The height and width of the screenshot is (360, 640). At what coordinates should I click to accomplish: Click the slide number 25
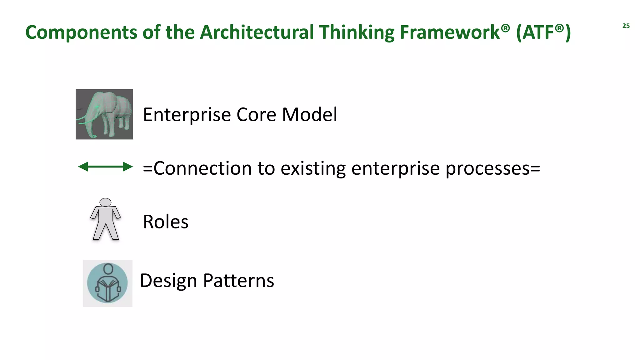(626, 26)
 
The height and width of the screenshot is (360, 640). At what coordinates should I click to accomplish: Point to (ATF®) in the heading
(543, 32)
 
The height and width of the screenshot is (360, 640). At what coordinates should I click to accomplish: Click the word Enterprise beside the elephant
(187, 115)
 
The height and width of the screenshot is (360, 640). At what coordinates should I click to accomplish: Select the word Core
(256, 114)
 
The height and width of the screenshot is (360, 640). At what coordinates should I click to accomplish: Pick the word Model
(309, 114)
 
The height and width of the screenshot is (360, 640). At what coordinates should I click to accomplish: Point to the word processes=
(492, 169)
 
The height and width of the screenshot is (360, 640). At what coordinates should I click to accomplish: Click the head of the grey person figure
(105, 202)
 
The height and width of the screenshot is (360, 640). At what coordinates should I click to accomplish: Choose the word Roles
(166, 222)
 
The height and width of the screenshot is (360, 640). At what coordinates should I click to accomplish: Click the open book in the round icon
(107, 289)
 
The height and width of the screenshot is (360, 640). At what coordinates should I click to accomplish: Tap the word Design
(168, 281)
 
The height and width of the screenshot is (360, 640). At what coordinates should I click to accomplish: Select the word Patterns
(238, 281)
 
